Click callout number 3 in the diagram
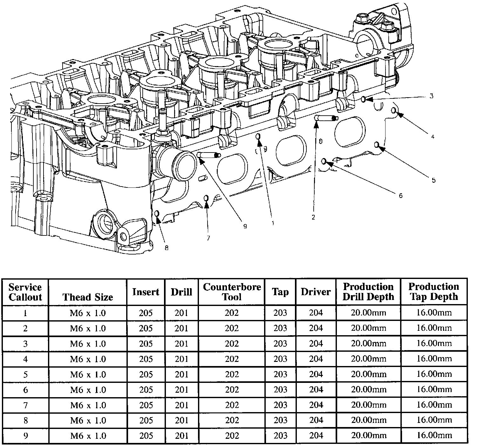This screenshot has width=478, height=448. point(432,96)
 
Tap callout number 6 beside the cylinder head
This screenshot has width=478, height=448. point(401,196)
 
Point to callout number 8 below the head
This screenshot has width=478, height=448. point(167,248)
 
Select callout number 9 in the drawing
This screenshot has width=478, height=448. point(245,226)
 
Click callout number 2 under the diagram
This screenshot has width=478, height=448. point(313,217)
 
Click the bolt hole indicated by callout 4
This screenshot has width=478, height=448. point(394,111)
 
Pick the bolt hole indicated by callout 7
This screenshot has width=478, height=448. point(206,198)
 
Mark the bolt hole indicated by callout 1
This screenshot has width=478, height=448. point(258,137)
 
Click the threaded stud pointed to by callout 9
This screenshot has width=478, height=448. point(209,155)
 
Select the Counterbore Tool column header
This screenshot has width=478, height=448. point(232,292)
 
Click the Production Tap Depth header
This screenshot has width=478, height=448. point(434,292)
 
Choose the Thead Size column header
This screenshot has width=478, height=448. point(88,297)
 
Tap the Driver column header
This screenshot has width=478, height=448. point(316,292)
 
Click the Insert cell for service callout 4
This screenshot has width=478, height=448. point(146,359)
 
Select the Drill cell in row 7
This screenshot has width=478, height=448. point(181,405)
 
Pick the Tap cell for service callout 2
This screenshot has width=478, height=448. point(280,328)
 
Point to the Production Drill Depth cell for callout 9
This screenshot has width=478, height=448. point(369,436)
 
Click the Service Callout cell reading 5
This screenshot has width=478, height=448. point(25,375)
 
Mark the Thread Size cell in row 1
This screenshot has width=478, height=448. point(88,313)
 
